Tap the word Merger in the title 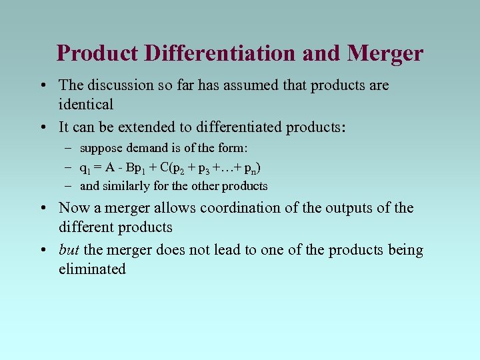[385, 53]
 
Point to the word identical [86, 104]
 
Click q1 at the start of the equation [85, 168]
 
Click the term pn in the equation [251, 168]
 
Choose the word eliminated [92, 269]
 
